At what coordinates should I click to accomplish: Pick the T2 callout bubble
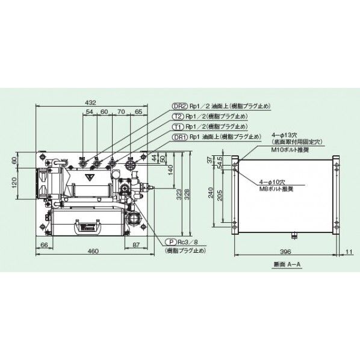click(x=178, y=116)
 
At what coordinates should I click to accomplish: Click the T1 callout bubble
click(x=178, y=126)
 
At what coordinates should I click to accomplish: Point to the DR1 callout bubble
click(x=179, y=137)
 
